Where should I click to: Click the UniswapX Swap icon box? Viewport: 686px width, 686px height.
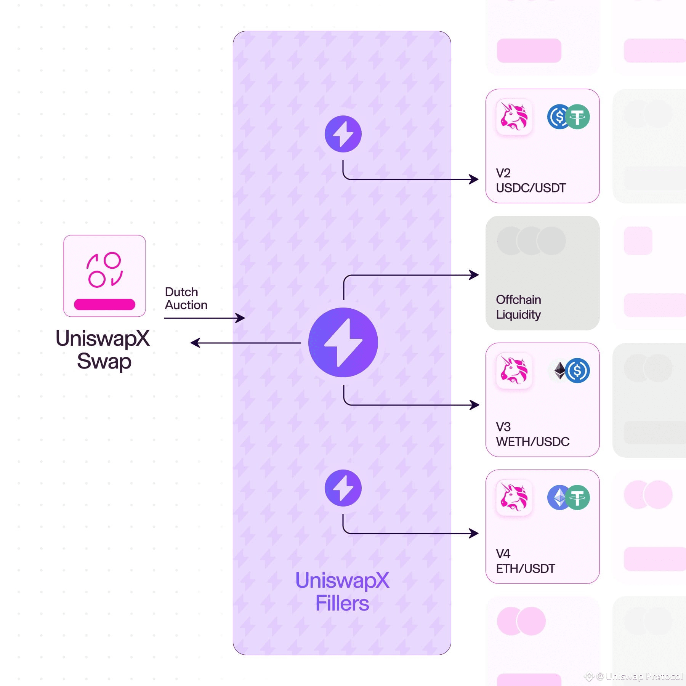click(x=104, y=276)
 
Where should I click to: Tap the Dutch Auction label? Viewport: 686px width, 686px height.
click(x=186, y=298)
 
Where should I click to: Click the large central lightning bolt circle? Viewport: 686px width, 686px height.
click(x=343, y=342)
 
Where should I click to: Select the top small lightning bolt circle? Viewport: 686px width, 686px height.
click(x=343, y=134)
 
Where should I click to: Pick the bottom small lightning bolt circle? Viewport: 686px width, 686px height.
click(x=343, y=488)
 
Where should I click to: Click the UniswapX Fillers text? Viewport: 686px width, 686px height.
click(x=342, y=592)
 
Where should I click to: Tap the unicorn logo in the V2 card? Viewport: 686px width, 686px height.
click(x=514, y=117)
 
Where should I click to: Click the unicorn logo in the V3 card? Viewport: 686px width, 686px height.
click(x=514, y=370)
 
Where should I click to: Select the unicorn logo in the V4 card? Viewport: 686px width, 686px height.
click(x=514, y=497)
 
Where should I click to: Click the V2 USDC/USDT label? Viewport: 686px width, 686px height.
click(x=531, y=180)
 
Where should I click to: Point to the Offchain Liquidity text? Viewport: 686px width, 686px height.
click(x=518, y=307)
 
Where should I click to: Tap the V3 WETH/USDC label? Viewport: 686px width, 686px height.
click(x=532, y=434)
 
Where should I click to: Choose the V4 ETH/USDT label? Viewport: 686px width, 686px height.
click(x=525, y=561)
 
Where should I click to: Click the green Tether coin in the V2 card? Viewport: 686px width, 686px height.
click(x=577, y=117)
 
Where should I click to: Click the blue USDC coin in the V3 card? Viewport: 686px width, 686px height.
click(x=577, y=370)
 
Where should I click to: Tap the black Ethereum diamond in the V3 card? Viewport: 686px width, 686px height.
click(x=559, y=370)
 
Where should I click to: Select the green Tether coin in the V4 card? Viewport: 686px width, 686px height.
click(x=577, y=497)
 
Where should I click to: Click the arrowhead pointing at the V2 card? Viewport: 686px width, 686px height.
click(x=474, y=179)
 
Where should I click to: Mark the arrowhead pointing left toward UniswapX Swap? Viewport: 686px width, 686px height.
click(x=195, y=343)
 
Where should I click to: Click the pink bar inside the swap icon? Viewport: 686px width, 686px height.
click(x=104, y=304)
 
